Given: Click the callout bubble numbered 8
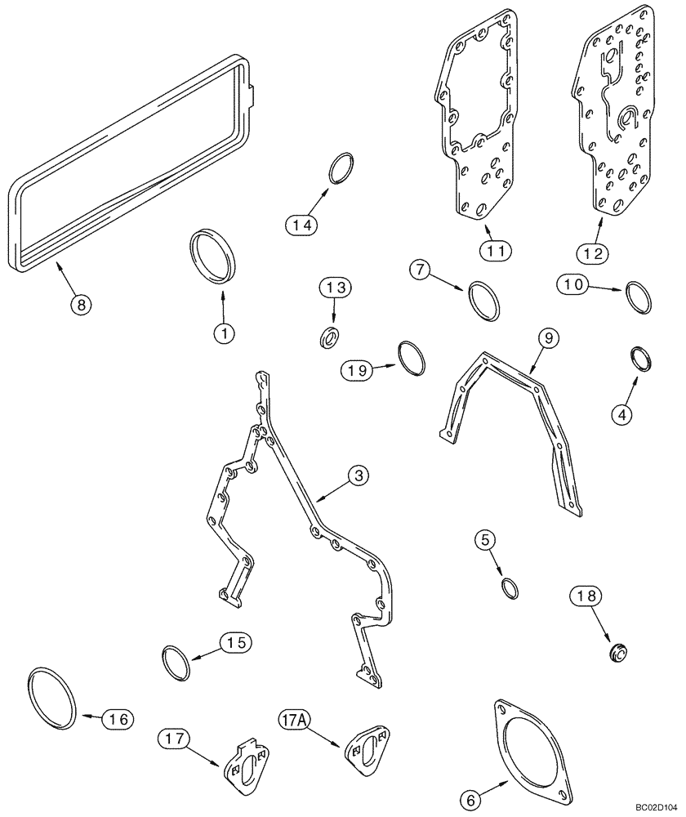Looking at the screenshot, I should click(80, 305).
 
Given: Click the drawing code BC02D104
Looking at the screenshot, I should click(657, 807).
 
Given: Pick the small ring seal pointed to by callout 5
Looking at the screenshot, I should click(509, 587).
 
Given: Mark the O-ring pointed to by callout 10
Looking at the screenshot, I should click(639, 296).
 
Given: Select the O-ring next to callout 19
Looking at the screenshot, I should click(412, 359).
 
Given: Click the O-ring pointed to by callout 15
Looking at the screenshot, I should click(176, 663).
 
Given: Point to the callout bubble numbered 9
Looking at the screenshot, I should click(546, 337).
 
